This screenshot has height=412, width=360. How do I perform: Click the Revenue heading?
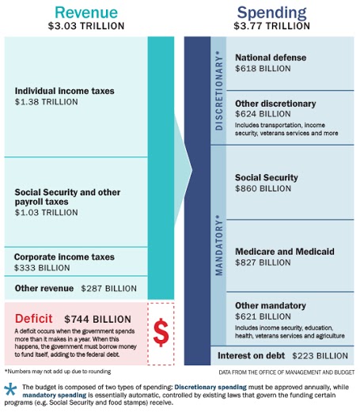[x=86, y=12]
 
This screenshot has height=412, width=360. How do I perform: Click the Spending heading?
[x=271, y=13]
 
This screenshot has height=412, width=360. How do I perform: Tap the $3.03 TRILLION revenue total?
[x=86, y=26]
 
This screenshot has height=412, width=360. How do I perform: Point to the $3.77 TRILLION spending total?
[x=271, y=26]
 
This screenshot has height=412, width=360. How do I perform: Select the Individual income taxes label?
[x=65, y=91]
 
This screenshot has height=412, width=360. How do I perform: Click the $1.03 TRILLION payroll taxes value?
[x=47, y=213]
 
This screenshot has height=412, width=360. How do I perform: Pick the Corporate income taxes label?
[x=64, y=257]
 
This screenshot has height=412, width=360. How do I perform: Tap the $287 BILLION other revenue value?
[x=108, y=289]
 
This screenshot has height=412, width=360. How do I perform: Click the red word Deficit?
[x=34, y=319]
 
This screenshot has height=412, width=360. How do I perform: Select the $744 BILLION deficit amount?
[x=97, y=319]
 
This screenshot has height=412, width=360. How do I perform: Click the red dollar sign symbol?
[x=161, y=333]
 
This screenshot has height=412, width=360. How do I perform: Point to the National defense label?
[x=271, y=58]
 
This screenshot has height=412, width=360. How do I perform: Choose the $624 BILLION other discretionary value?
[x=263, y=114]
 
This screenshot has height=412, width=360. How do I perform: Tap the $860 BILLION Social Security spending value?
[x=263, y=188]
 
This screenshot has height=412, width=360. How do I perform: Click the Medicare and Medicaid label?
[x=285, y=251]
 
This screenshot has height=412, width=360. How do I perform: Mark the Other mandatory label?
[x=271, y=306]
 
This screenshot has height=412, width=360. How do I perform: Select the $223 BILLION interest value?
[x=320, y=356]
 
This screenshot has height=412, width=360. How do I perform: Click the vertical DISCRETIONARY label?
[x=219, y=90]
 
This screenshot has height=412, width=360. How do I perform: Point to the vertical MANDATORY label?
[x=219, y=245]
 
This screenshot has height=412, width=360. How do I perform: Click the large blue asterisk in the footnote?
[x=10, y=389]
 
